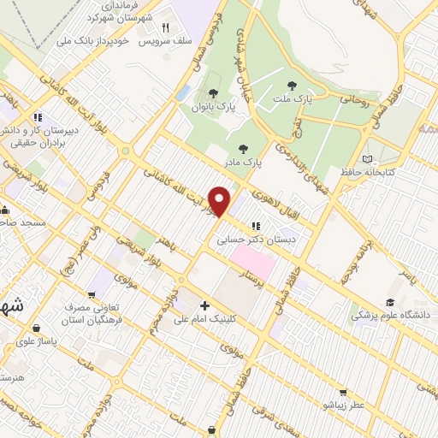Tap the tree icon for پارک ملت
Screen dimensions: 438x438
pos(293,86)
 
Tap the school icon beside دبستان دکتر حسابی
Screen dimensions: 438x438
pos(255,227)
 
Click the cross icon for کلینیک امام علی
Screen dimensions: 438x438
pos(204,305)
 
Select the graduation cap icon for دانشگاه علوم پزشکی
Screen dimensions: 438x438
pos(390,303)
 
